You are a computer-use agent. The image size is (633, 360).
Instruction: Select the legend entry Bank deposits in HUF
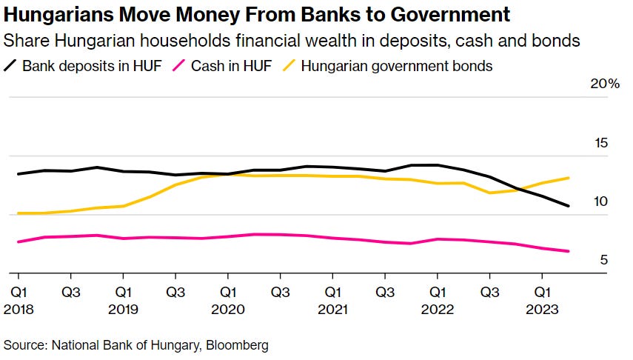(88, 66)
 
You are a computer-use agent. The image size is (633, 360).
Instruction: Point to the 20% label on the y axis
(604, 84)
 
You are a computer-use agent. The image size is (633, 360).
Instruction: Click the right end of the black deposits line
(569, 206)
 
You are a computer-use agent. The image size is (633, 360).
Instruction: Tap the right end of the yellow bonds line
(569, 178)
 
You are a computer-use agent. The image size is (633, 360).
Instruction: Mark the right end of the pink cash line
(569, 251)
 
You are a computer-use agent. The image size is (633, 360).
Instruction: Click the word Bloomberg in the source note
(238, 344)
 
